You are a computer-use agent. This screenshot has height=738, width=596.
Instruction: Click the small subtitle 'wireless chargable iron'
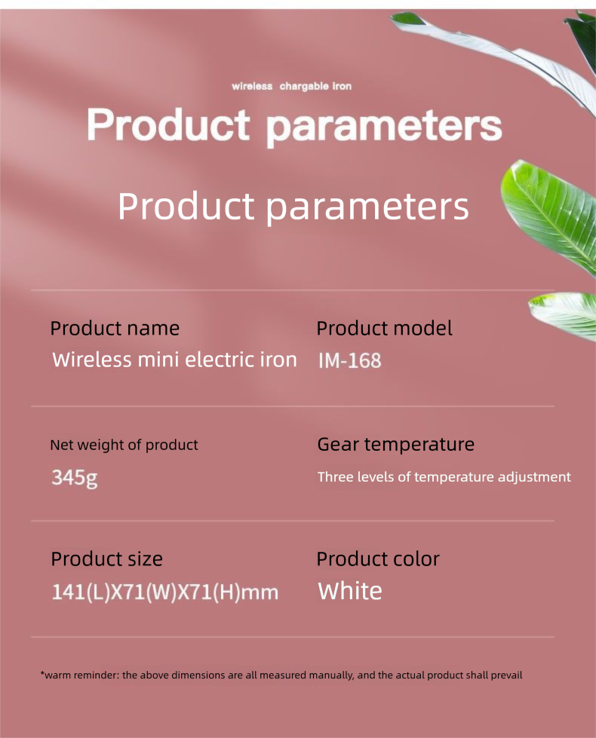292,86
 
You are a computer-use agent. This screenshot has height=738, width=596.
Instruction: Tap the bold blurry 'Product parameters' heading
294,126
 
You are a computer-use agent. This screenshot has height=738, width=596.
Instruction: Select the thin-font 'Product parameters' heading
293,207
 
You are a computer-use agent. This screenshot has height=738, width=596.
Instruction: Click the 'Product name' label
115,328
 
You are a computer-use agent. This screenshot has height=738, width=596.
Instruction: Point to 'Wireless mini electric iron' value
174,360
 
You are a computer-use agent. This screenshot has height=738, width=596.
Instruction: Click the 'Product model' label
384,328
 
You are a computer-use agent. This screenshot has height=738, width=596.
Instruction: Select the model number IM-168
349,360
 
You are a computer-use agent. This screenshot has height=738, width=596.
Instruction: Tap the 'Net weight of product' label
124,445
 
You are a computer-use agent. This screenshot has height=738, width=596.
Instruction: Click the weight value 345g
75,478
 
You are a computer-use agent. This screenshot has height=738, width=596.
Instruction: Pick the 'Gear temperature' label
396,444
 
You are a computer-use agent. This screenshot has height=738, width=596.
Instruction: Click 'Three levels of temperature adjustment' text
444,476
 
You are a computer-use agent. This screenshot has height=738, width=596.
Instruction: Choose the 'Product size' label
106,559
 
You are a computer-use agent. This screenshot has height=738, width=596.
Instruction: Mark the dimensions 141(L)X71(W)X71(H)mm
165,592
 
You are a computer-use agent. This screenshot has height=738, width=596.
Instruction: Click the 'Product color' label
378,559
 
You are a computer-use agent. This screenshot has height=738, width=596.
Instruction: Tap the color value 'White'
349,591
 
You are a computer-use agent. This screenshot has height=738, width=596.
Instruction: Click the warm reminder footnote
281,675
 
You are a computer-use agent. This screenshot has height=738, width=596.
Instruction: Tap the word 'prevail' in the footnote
506,675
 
